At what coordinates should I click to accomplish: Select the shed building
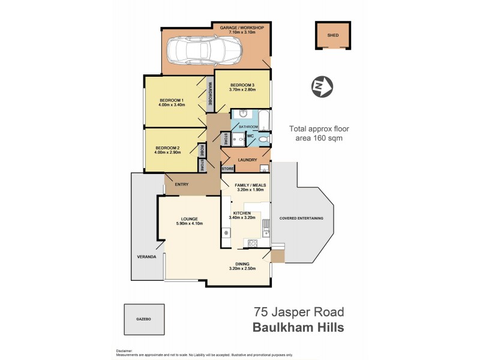tap(332, 35)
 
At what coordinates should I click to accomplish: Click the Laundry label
tap(248, 160)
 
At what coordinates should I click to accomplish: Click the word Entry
tap(182, 184)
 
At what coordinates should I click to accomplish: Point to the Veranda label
tap(146, 257)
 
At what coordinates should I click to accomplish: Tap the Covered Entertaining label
tap(301, 218)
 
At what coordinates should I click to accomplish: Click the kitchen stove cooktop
tap(253, 243)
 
